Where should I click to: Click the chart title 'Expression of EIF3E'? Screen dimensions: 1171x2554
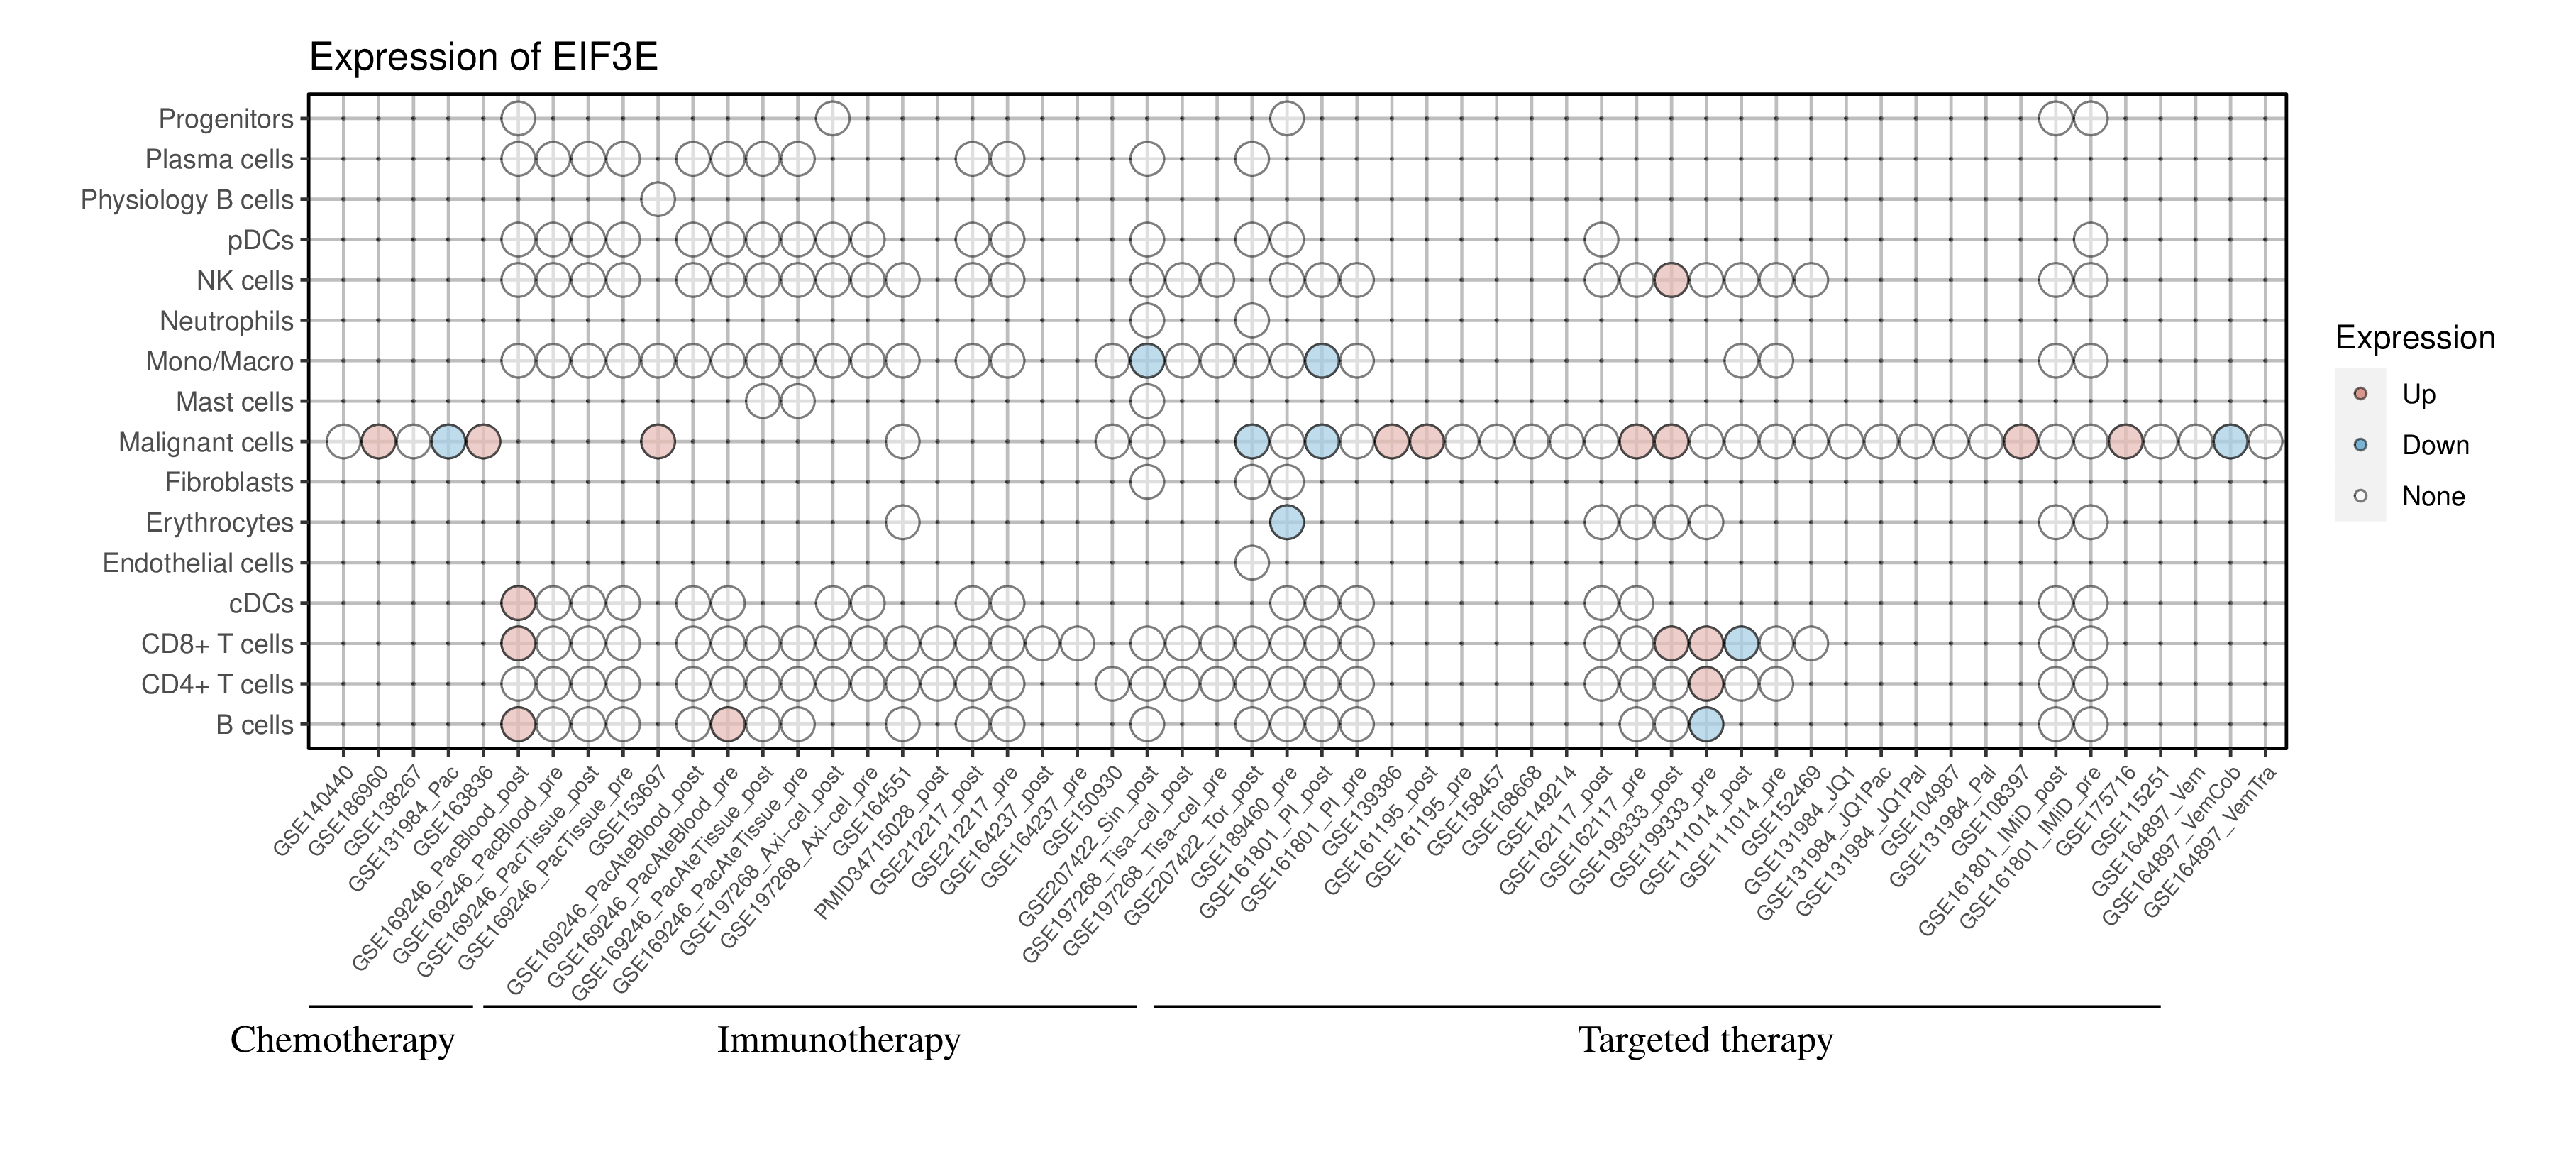click(483, 57)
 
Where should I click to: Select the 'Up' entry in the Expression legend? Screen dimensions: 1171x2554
click(2418, 395)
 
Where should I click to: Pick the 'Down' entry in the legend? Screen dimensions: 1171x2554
click(2434, 445)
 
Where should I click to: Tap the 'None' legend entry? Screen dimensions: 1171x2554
click(2432, 497)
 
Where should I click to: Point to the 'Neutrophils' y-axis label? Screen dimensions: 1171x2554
click(226, 321)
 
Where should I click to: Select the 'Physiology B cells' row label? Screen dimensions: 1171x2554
click(187, 200)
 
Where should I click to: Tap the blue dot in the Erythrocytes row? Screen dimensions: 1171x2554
click(1286, 522)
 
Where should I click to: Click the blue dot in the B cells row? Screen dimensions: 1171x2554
click(1706, 725)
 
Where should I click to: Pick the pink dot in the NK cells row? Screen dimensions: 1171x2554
click(1671, 280)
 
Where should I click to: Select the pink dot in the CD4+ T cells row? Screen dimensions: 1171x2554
click(1706, 684)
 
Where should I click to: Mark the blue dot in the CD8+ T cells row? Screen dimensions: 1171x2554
click(1741, 644)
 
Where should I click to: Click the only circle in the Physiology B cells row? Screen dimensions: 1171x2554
click(658, 199)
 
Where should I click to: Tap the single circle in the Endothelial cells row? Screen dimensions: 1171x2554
click(1251, 563)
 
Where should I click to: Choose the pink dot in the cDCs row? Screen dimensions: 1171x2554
click(518, 603)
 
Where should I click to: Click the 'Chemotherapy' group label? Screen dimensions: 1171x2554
click(342, 1040)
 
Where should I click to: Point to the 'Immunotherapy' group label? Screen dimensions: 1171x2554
click(838, 1040)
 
